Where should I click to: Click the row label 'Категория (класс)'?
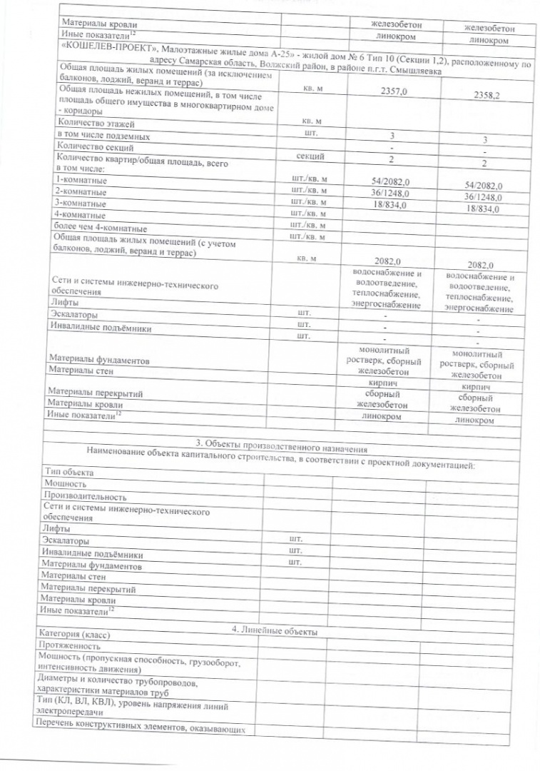[x=75, y=634]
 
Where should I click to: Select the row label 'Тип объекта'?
[x=68, y=473]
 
